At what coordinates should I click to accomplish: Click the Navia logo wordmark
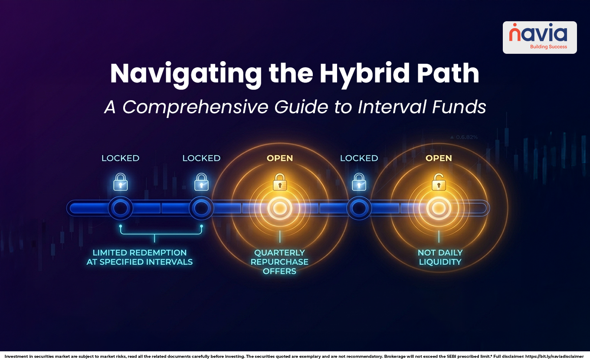click(x=538, y=34)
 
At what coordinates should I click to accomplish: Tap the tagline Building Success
click(x=548, y=47)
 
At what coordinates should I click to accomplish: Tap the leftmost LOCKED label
click(x=120, y=158)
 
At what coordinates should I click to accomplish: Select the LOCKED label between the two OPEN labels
click(x=359, y=158)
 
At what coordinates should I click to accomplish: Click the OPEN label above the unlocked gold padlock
click(x=439, y=158)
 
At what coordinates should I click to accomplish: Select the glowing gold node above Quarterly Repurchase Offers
click(x=280, y=208)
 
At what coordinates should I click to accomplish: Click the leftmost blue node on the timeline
click(x=120, y=208)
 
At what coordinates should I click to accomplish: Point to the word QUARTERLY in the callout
click(x=280, y=252)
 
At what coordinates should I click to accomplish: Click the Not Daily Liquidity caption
click(x=440, y=257)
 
